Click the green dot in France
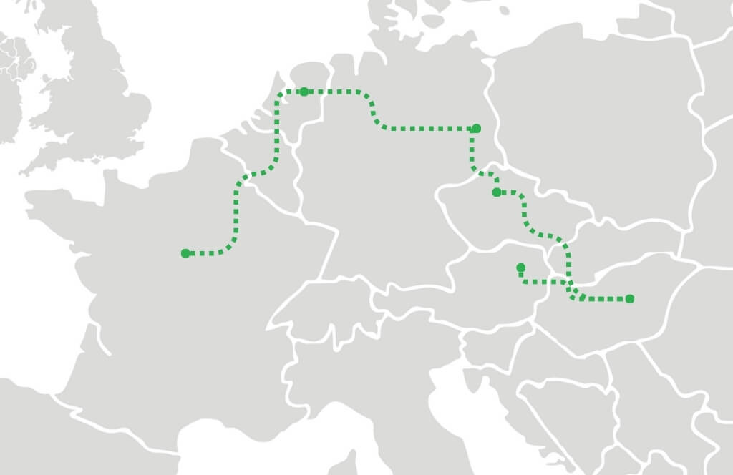point(185,253)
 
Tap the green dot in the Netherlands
point(304,92)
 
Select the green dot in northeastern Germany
point(477,129)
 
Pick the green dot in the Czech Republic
point(497,192)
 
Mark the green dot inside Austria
point(520,268)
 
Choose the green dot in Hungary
point(629,299)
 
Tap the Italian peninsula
point(401,401)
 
